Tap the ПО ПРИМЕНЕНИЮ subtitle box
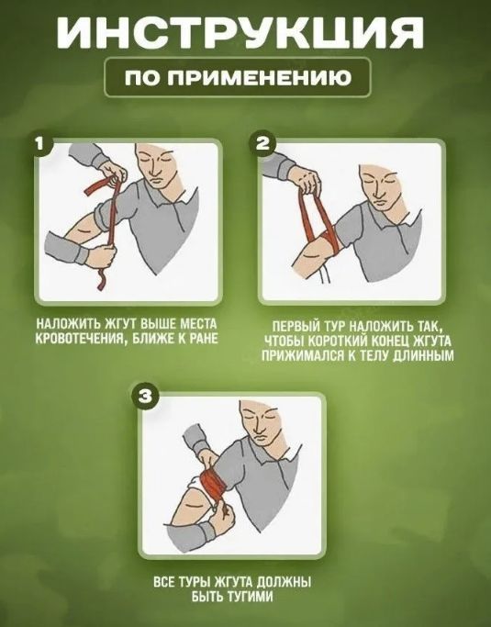pos(238,77)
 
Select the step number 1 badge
pos(39,143)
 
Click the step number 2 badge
pos(262,143)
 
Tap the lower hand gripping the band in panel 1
pos(101,257)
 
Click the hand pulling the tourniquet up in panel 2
pos(307,181)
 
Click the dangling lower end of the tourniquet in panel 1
pos(102,279)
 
